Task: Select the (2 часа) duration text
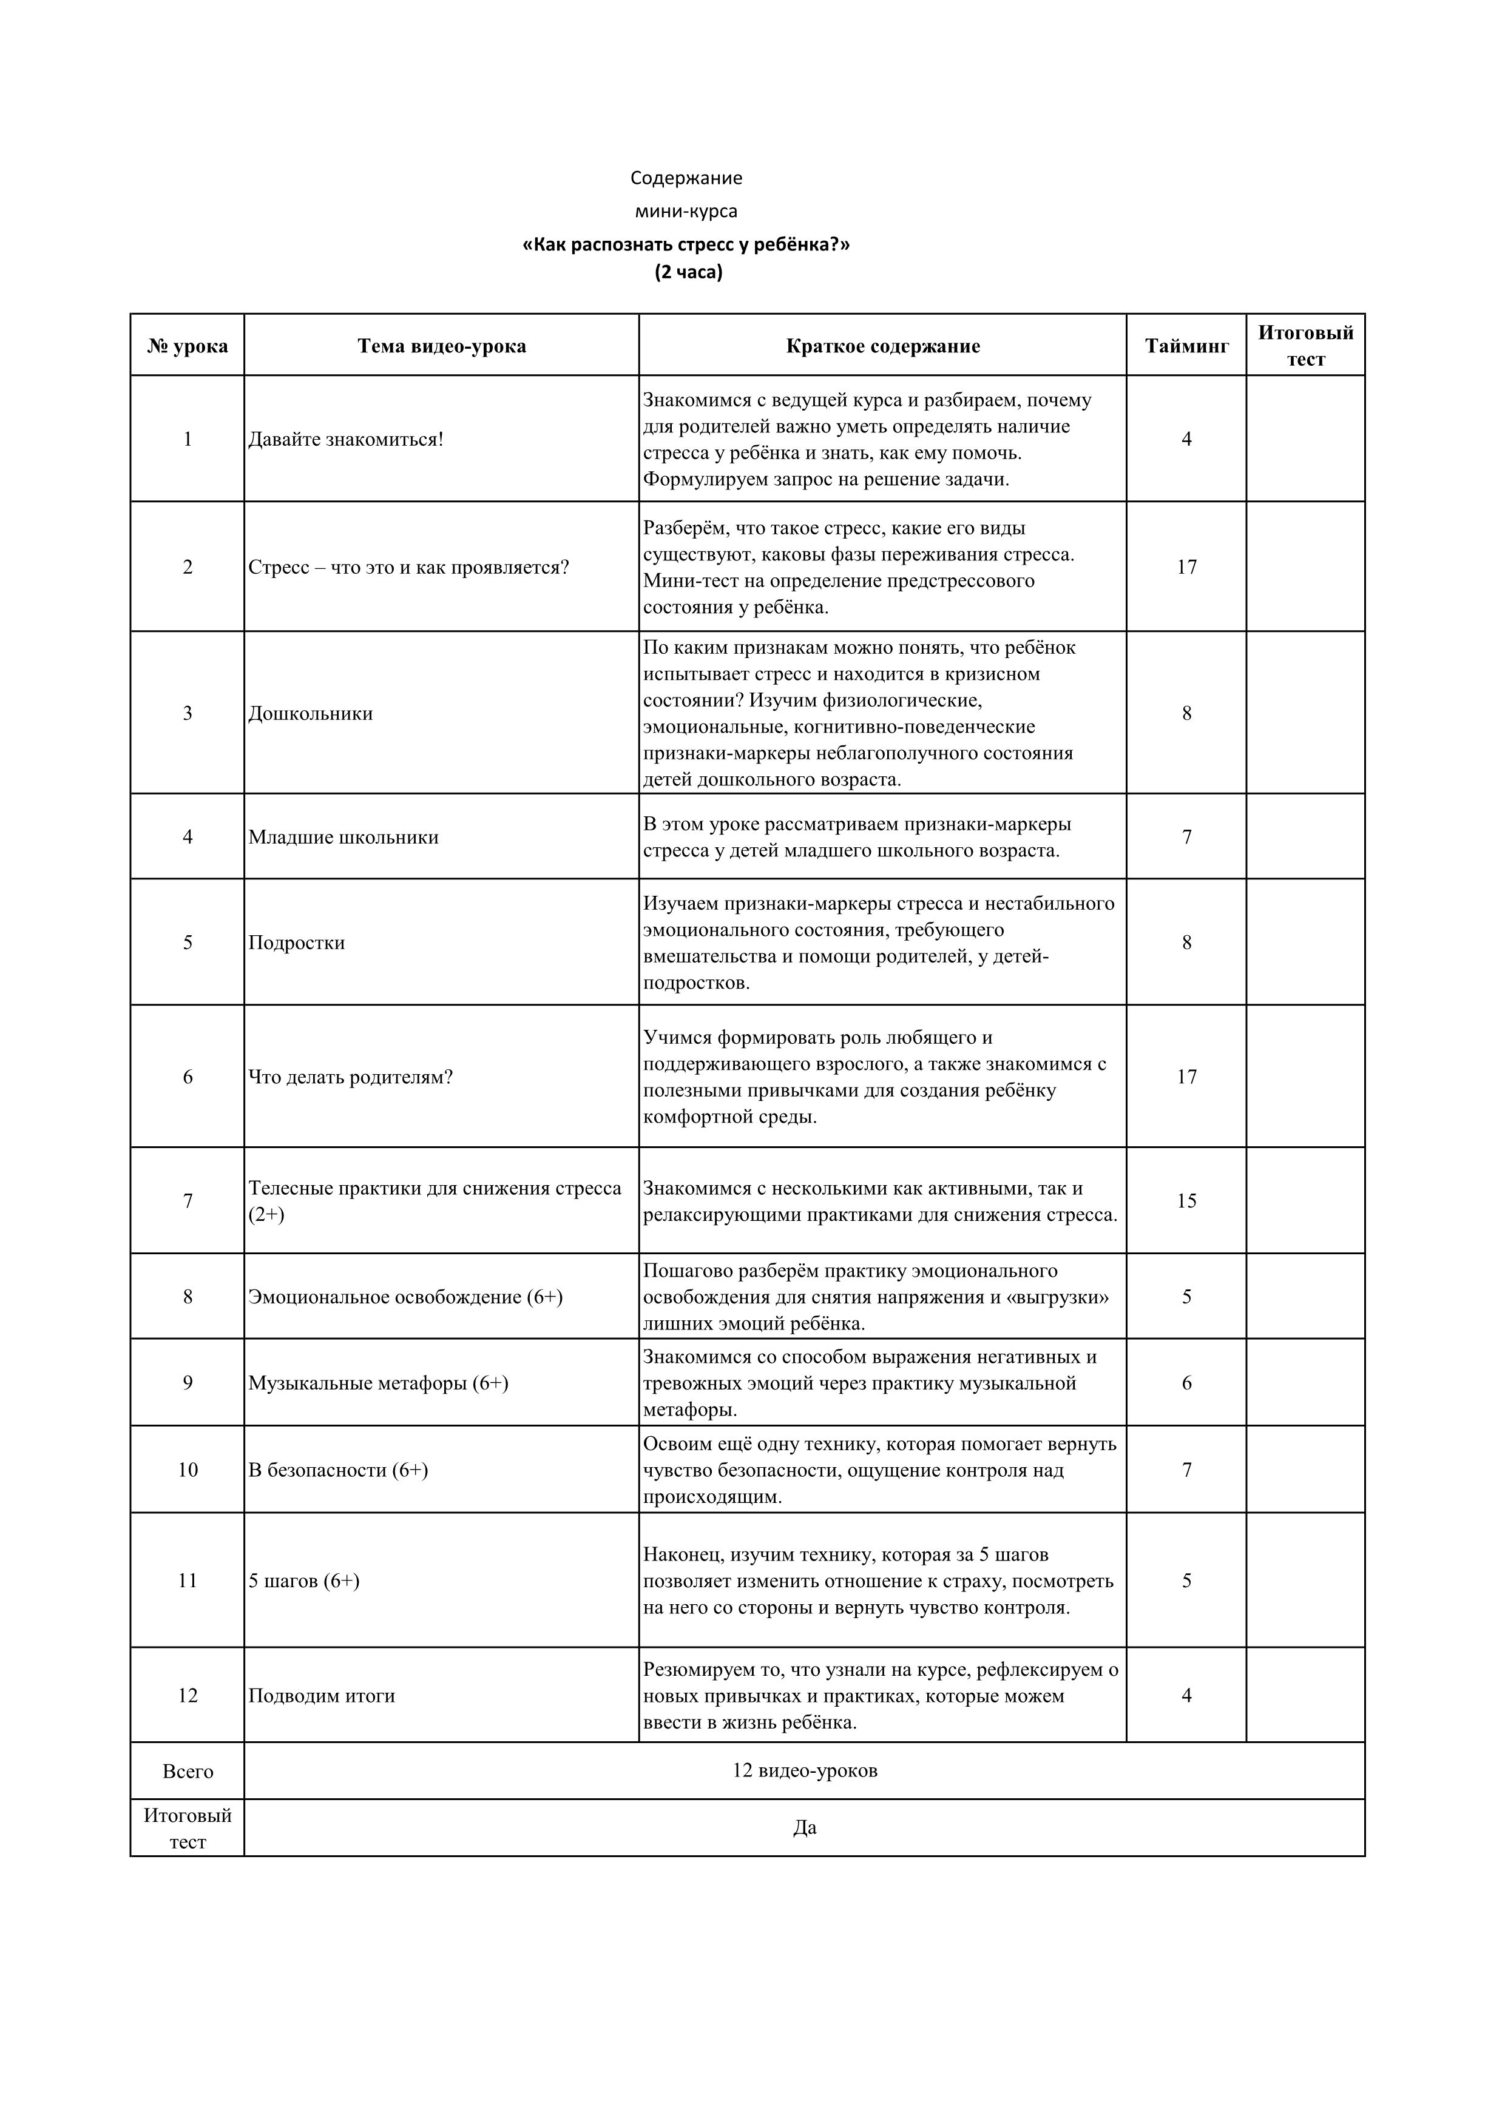coord(688,272)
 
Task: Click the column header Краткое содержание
coord(882,346)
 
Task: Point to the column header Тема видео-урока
coord(441,346)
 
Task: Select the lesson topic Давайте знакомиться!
coord(346,439)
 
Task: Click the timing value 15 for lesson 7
coord(1186,1201)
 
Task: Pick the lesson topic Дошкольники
coord(311,713)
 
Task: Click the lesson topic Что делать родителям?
coord(350,1077)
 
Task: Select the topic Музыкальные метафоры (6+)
coord(378,1383)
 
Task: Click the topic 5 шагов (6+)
coord(304,1581)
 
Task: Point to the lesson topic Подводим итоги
coord(322,1695)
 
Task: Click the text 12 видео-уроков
coord(805,1770)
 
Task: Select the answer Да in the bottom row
coord(805,1828)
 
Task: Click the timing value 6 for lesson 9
coord(1186,1383)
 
